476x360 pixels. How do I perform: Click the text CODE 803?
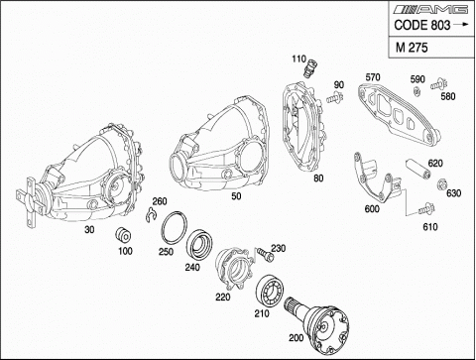click(x=422, y=25)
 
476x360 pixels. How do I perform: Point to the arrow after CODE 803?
click(x=461, y=24)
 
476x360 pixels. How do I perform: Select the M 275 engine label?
click(x=412, y=48)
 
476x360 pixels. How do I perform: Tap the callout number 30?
click(x=89, y=229)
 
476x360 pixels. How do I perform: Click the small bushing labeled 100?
click(x=123, y=235)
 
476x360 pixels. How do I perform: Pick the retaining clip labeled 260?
click(x=151, y=215)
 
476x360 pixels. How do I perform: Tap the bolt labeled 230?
click(x=266, y=255)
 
